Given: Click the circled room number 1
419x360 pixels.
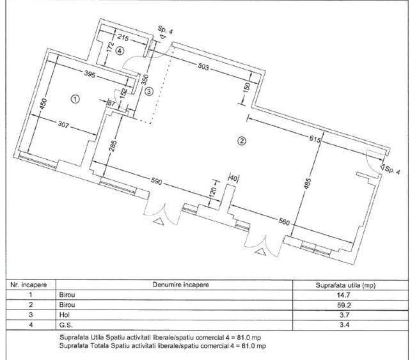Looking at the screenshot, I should [75, 99].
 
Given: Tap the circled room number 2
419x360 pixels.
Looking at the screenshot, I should [242, 141].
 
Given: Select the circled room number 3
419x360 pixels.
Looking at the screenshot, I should [148, 91].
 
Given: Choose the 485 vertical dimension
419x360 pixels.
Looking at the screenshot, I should [308, 186].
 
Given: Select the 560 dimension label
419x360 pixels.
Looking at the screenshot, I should [285, 223].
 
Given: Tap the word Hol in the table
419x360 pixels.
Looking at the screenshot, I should [65, 316].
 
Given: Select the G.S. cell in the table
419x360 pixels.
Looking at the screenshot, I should [66, 326].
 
